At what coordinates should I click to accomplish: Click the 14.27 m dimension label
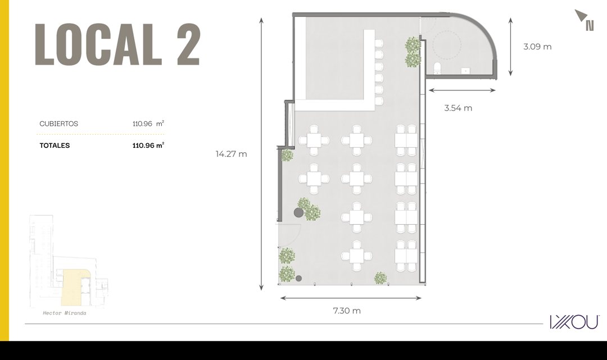(231, 154)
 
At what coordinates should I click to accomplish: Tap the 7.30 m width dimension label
(347, 311)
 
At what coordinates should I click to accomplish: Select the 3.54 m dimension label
(458, 108)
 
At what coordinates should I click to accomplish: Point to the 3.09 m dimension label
(537, 47)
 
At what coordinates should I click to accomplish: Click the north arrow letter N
(590, 25)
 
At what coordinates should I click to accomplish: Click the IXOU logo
(574, 322)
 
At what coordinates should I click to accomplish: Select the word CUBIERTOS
(59, 124)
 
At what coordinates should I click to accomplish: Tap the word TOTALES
(55, 145)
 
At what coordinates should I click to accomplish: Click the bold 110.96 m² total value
(148, 145)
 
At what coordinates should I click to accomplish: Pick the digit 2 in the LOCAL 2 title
(188, 44)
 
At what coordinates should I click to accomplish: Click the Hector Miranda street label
(65, 313)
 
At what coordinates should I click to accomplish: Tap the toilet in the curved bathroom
(437, 67)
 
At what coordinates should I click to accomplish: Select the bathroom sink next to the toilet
(465, 71)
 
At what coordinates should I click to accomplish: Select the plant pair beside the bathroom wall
(413, 52)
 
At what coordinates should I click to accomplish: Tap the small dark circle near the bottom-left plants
(298, 278)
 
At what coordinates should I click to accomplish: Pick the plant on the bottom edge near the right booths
(380, 277)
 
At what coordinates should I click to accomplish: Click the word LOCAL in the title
(98, 44)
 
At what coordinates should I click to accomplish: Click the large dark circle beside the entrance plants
(298, 212)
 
